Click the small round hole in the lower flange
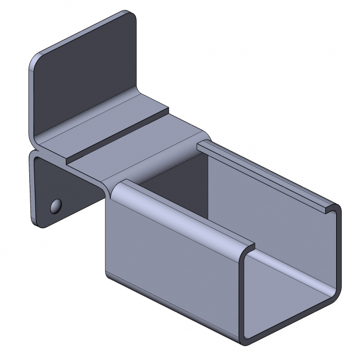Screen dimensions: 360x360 55,206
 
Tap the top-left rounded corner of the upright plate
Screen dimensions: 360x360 34,60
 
